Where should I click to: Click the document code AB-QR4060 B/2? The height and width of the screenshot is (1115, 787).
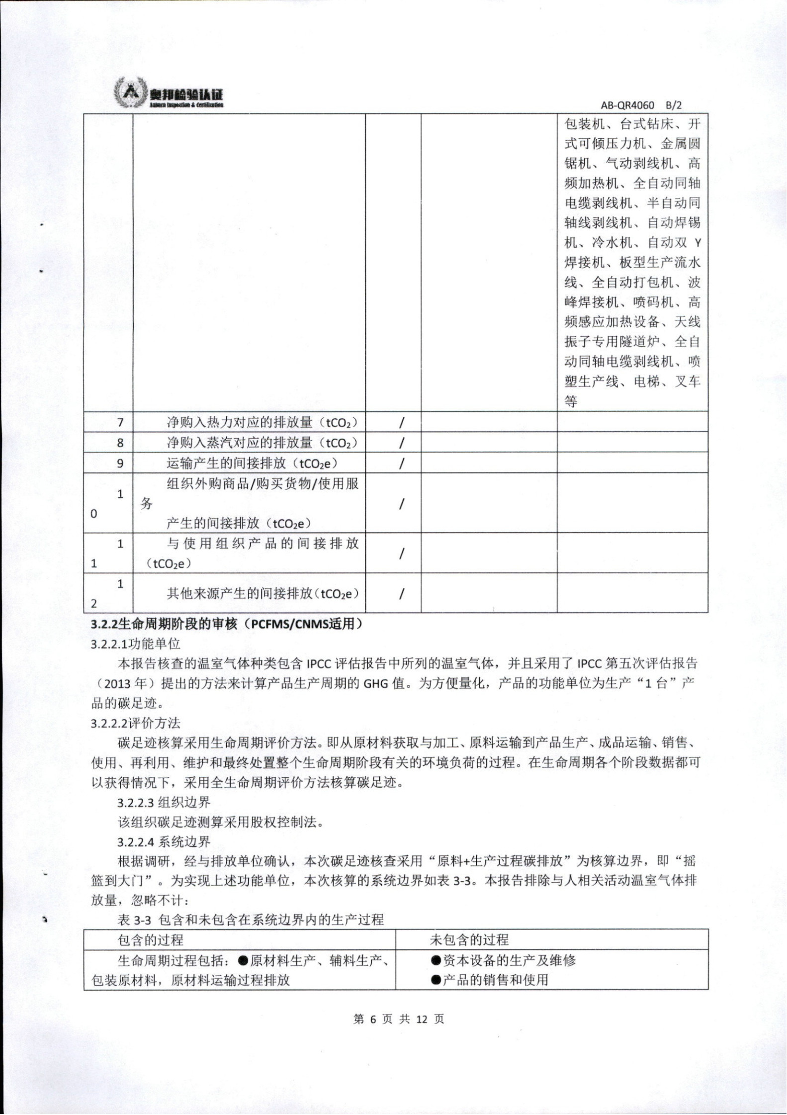click(x=641, y=105)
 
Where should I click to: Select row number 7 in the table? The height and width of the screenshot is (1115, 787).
click(x=120, y=423)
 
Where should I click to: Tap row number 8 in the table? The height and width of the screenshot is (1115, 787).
click(x=120, y=443)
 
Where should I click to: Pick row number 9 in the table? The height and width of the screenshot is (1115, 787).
click(x=120, y=463)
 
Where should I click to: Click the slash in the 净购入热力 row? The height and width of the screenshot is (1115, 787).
click(x=401, y=423)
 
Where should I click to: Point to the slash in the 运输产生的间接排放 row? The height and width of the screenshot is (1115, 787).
click(x=401, y=463)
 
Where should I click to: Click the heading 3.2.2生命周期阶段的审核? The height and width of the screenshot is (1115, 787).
click(x=226, y=624)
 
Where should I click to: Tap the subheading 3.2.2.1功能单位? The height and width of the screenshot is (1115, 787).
click(x=135, y=644)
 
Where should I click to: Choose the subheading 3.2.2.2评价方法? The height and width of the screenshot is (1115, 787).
click(x=135, y=723)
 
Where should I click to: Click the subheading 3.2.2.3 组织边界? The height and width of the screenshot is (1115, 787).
click(x=164, y=802)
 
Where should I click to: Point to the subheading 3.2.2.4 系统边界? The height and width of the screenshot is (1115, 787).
click(x=164, y=841)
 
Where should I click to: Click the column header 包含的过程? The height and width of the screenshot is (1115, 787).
click(x=150, y=939)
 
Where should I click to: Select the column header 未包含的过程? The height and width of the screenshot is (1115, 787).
click(x=469, y=939)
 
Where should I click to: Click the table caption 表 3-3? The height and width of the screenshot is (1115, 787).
click(x=251, y=920)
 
